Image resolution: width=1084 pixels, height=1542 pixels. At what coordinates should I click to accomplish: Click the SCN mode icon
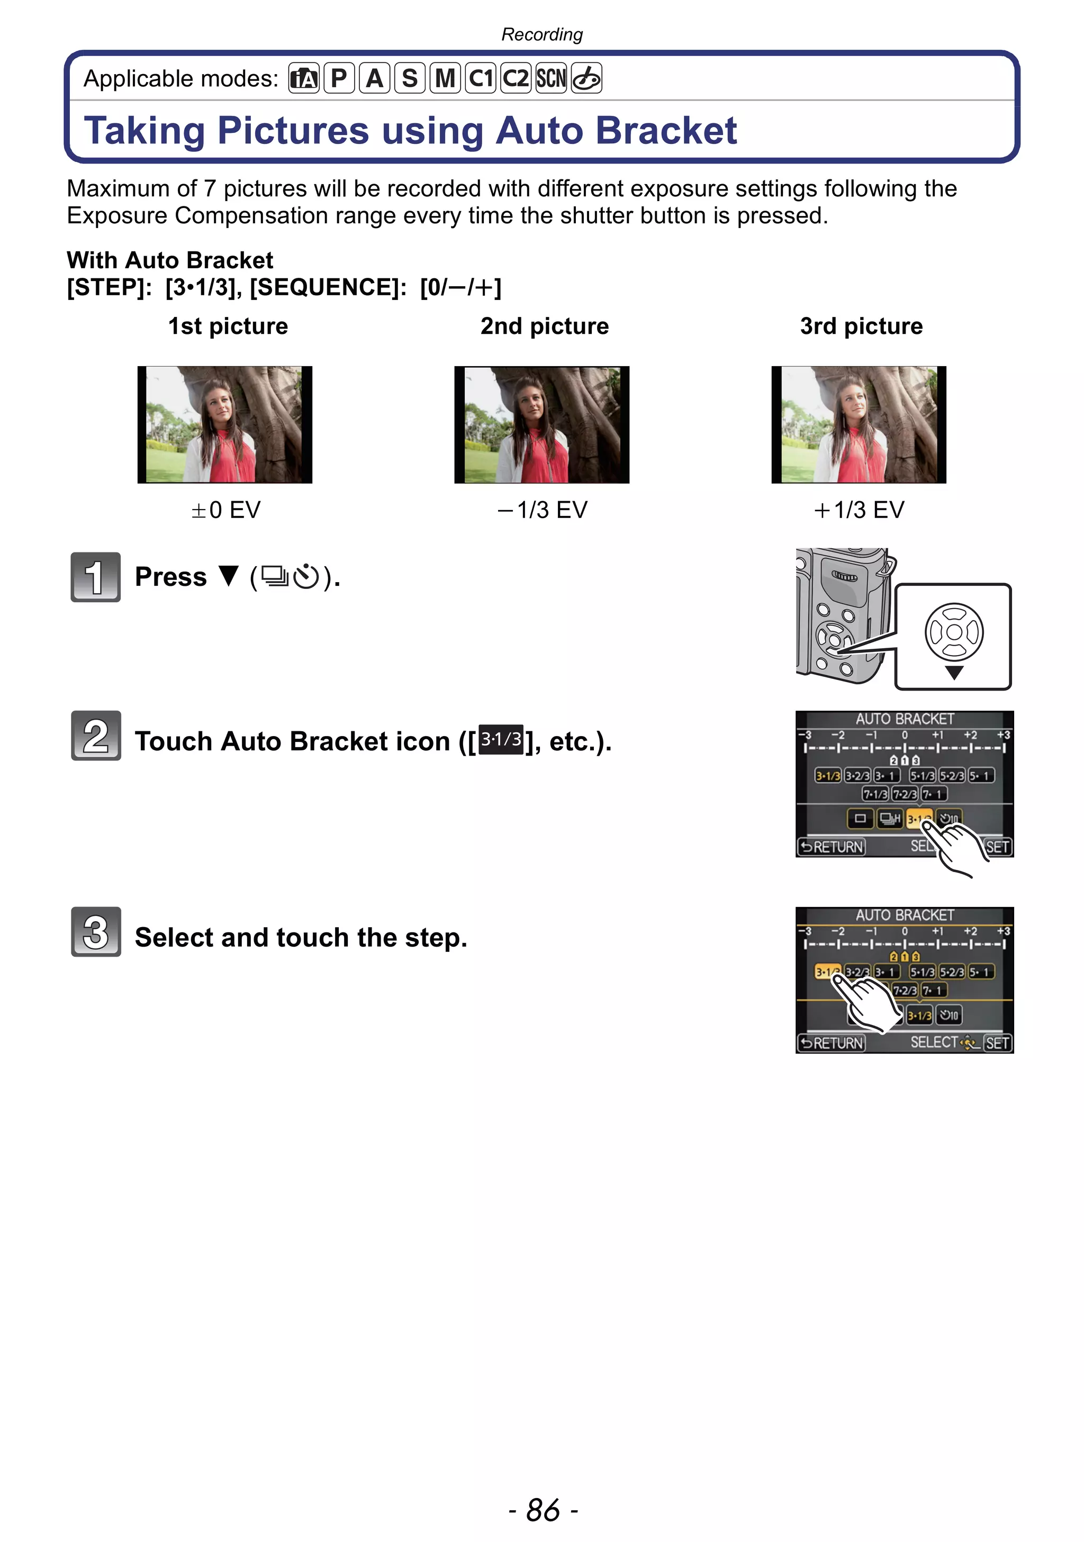click(550, 78)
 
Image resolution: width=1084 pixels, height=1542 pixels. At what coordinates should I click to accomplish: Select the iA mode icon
click(304, 78)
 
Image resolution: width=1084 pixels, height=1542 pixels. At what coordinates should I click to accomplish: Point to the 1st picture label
click(228, 326)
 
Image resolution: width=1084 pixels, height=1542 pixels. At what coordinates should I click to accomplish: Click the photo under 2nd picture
click(541, 424)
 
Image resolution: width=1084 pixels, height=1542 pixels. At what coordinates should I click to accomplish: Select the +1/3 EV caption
click(859, 510)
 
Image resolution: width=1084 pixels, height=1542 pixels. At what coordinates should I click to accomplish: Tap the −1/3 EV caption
click(542, 510)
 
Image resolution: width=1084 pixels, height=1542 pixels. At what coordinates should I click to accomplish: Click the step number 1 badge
click(95, 577)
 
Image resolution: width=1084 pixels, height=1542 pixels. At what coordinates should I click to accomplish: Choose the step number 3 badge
click(95, 931)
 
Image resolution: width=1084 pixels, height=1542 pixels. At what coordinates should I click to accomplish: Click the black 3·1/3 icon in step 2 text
click(501, 740)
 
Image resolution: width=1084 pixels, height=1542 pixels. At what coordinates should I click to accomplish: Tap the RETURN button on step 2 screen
click(832, 847)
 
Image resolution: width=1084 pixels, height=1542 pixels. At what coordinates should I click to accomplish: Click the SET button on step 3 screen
click(997, 1043)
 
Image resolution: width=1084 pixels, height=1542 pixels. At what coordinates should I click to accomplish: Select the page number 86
click(543, 1510)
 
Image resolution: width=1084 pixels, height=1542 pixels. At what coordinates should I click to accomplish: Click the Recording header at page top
click(542, 34)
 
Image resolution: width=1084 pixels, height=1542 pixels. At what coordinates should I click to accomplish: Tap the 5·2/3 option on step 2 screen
click(952, 776)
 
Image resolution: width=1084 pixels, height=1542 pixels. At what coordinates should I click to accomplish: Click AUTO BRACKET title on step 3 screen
click(904, 915)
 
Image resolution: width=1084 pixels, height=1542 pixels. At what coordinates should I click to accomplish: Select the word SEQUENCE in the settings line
click(327, 287)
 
